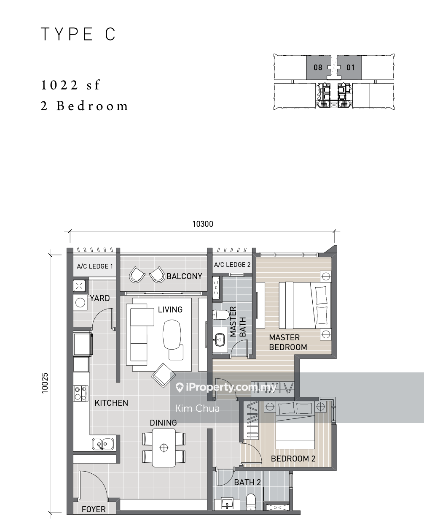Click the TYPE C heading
pos(78,34)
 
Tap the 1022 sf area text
pos(70,85)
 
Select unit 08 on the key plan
pos(318,67)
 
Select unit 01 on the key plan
pos(350,67)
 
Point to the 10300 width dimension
pos(203,224)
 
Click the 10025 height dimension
pos(45,383)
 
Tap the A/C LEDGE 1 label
pos(95,266)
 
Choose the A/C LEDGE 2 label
pos(232,265)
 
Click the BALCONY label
pos(184,276)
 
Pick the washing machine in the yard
pos(80,302)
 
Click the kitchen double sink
pos(103,444)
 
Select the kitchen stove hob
pos(81,393)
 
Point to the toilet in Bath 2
pos(251,502)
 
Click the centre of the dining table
pos(164,448)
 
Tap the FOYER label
pos(94,509)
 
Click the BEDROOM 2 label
pos(293,459)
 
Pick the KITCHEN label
pos(111,403)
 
